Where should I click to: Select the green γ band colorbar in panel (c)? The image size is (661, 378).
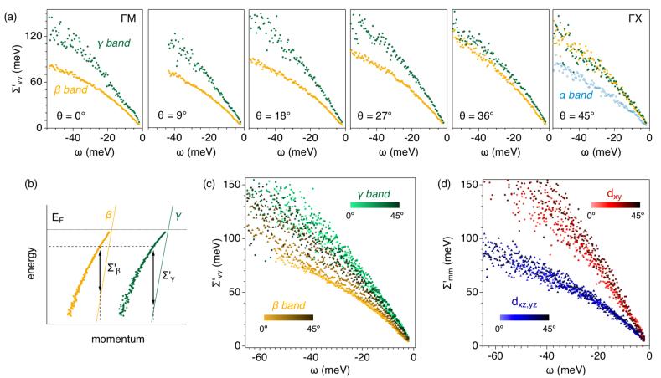click(x=373, y=204)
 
